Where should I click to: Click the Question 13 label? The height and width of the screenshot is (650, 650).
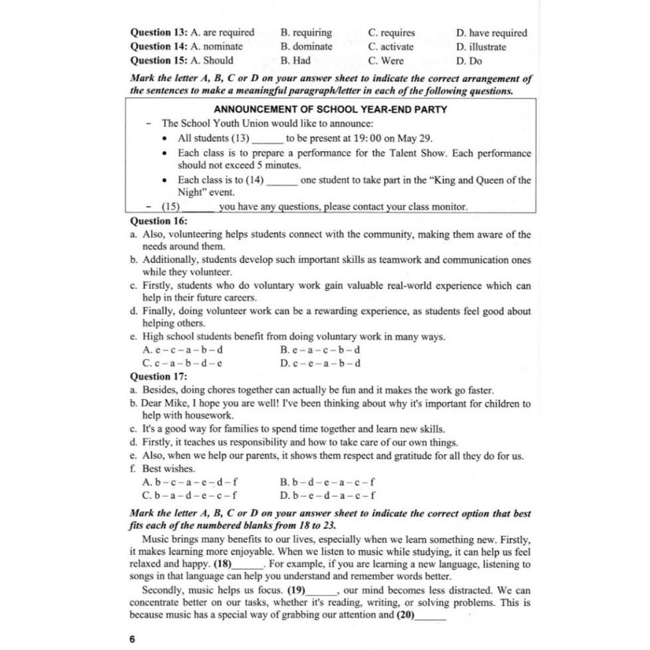tap(158, 33)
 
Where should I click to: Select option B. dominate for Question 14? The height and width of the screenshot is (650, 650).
tap(306, 47)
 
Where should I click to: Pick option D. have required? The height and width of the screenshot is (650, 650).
tap(492, 33)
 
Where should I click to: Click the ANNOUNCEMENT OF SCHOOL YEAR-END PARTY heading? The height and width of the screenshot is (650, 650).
tap(331, 110)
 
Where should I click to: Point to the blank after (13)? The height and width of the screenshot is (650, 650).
tap(267, 140)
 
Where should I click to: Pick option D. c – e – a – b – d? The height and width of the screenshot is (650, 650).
tap(321, 363)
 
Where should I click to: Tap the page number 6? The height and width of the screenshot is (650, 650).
tap(132, 639)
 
